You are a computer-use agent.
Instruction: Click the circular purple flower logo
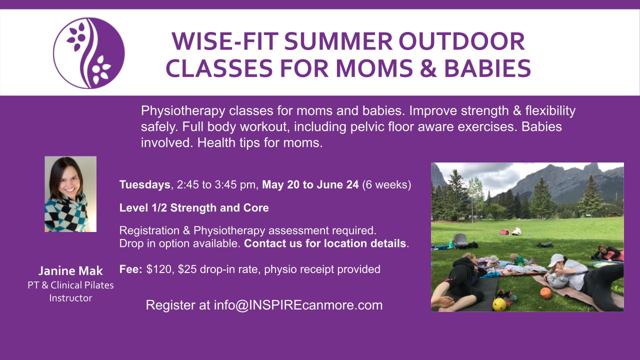(x=89, y=53)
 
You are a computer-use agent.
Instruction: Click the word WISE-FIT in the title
(x=225, y=41)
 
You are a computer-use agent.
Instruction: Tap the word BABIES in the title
(x=487, y=68)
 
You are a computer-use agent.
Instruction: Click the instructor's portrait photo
(x=70, y=194)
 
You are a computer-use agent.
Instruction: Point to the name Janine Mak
(x=70, y=271)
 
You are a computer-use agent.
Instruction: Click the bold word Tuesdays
(x=145, y=185)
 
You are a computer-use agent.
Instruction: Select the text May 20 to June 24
(x=310, y=184)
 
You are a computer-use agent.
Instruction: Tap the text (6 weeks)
(x=386, y=185)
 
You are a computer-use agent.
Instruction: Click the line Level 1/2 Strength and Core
(x=194, y=207)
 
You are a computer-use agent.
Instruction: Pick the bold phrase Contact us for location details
(x=325, y=243)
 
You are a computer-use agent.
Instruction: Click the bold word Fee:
(x=131, y=269)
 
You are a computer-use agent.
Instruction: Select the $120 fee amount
(x=159, y=269)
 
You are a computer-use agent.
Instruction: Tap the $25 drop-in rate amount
(x=187, y=269)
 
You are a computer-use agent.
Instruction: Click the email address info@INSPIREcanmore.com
(x=298, y=305)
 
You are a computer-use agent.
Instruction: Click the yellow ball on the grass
(x=499, y=304)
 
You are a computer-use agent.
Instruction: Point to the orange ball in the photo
(x=545, y=293)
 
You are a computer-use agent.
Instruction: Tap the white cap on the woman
(x=555, y=260)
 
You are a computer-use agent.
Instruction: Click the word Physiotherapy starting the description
(x=183, y=111)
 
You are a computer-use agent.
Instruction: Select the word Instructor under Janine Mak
(x=70, y=298)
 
